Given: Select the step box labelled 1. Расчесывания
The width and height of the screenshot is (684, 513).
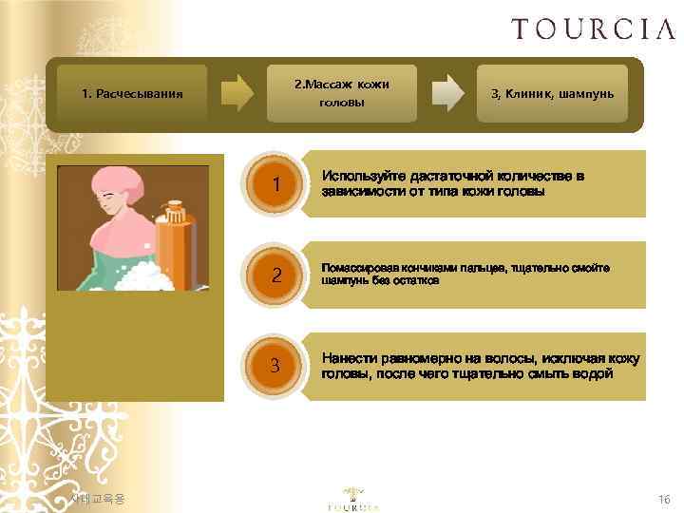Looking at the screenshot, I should [132, 94].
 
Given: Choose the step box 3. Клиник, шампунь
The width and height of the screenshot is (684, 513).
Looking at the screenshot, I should [552, 93].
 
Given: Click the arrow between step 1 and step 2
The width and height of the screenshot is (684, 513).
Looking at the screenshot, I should [237, 93].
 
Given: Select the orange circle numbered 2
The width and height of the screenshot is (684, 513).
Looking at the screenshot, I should [275, 275].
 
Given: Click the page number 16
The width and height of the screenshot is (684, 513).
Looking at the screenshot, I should [663, 499].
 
